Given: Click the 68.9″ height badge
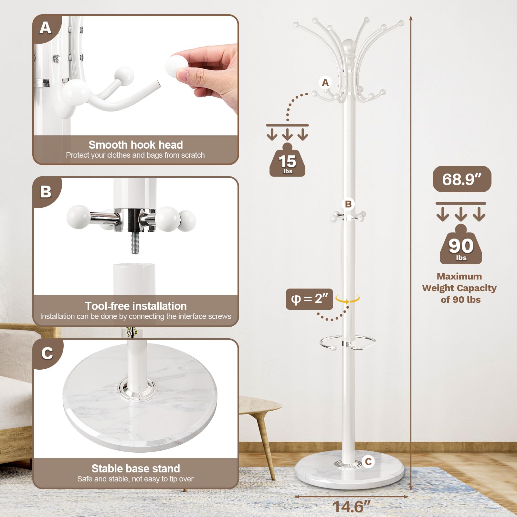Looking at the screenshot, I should pyautogui.click(x=462, y=179).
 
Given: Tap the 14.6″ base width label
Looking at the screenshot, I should pyautogui.click(x=351, y=506).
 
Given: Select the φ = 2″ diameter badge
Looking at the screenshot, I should pyautogui.click(x=309, y=299).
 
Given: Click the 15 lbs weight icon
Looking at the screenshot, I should pyautogui.click(x=287, y=162).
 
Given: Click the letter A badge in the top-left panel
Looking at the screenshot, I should pyautogui.click(x=46, y=28).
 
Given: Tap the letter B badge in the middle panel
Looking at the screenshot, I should pyautogui.click(x=46, y=192).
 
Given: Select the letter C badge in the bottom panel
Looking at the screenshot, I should pyautogui.click(x=47, y=353).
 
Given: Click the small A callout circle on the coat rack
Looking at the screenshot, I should pyautogui.click(x=325, y=83).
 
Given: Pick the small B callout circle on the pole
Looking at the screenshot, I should pyautogui.click(x=348, y=204).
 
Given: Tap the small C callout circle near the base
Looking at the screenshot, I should pyautogui.click(x=368, y=461).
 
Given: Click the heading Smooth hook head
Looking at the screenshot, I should pyautogui.click(x=135, y=144).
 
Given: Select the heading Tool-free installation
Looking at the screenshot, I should pyautogui.click(x=136, y=306).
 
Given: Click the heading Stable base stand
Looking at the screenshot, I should pyautogui.click(x=135, y=468).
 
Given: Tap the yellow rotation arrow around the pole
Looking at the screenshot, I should pyautogui.click(x=347, y=299).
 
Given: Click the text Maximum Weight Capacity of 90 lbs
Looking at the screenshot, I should pyautogui.click(x=459, y=288).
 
